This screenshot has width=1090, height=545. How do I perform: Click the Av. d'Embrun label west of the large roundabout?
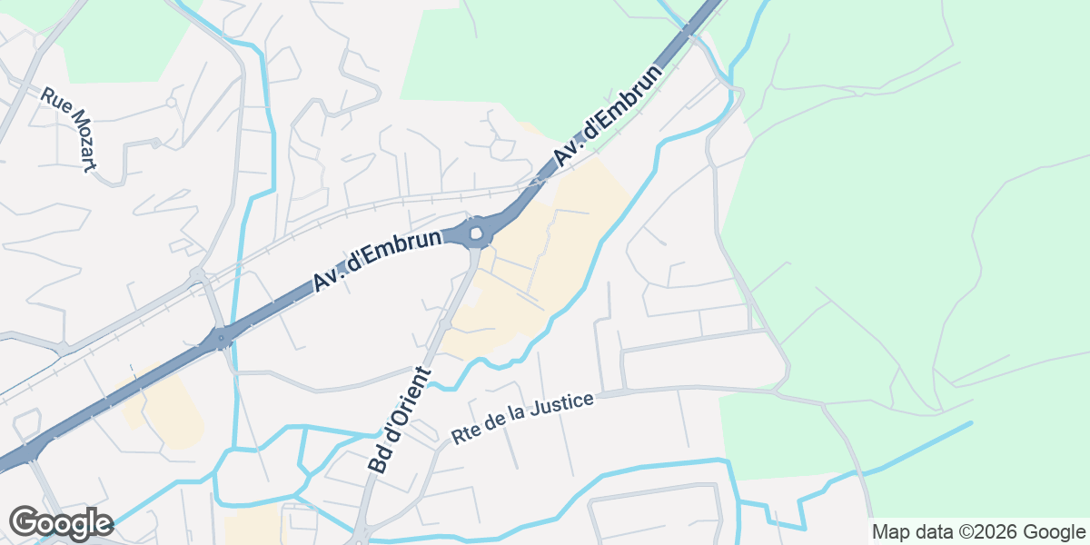point(379,261)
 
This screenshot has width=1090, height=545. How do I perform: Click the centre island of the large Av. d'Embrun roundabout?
point(476,233)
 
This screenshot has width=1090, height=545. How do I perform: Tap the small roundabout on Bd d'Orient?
point(445,323)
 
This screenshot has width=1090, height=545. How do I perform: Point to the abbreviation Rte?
point(465,435)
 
